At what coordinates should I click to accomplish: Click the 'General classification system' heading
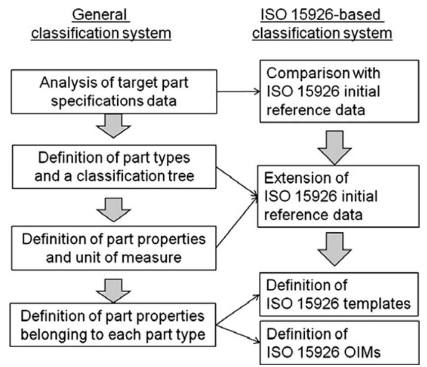[x=109, y=24]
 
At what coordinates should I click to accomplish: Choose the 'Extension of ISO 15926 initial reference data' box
[x=331, y=197]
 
